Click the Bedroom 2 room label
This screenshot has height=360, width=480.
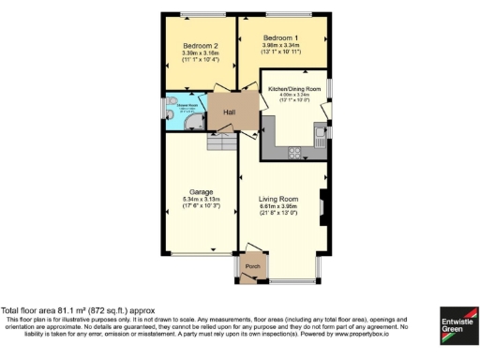(201, 46)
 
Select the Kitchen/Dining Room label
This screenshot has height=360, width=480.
(294, 88)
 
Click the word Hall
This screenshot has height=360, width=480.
(229, 112)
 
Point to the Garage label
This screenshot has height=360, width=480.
(201, 191)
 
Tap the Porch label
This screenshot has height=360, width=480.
(251, 266)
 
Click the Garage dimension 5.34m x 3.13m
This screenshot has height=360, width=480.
(201, 199)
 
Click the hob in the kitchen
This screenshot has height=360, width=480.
(293, 151)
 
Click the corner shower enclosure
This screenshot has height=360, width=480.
(194, 119)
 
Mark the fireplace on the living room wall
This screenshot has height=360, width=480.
(323, 203)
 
